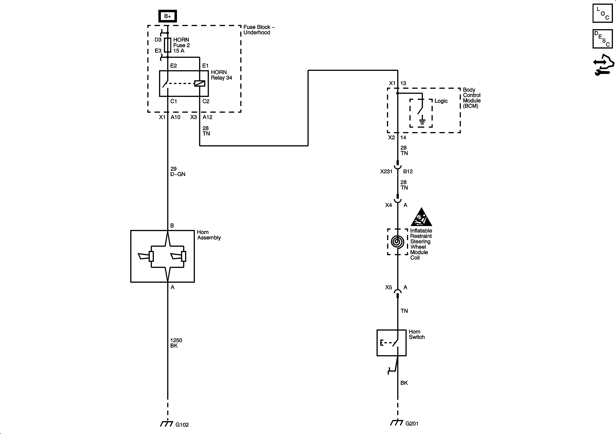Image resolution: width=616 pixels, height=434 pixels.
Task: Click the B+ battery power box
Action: [x=167, y=16]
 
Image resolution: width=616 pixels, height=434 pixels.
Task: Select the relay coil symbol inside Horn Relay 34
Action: [x=200, y=84]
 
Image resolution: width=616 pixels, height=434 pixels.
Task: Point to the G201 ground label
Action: [x=412, y=424]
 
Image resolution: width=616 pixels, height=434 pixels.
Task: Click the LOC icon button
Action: [x=602, y=13]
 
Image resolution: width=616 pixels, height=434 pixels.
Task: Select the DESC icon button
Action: [x=602, y=39]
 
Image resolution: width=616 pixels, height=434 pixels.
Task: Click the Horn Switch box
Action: [x=392, y=343]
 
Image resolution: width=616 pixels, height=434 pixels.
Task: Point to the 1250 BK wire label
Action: [x=176, y=343]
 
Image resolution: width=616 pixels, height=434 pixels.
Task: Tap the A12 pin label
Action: [x=207, y=117]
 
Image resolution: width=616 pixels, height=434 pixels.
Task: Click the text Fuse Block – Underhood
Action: [x=259, y=30]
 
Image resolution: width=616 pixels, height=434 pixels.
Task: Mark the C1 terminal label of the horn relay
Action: [x=174, y=101]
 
